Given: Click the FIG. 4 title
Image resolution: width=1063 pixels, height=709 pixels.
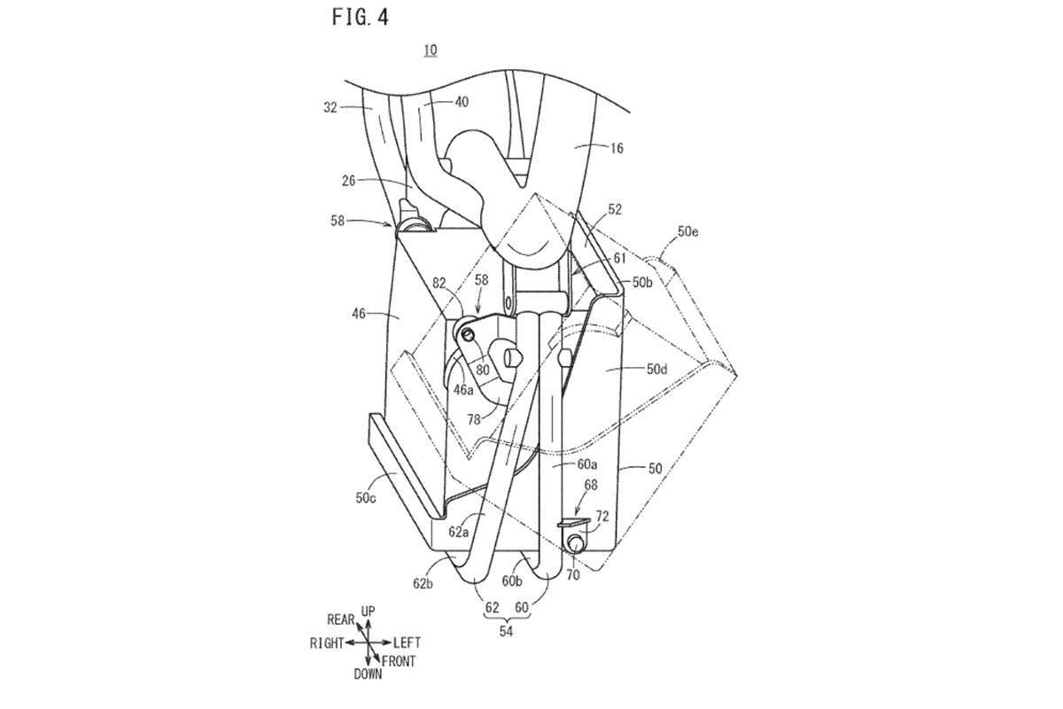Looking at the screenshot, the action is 361,18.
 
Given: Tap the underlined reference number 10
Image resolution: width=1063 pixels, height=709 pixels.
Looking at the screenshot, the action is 431,50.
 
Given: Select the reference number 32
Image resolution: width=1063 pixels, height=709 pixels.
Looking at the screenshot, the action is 330,108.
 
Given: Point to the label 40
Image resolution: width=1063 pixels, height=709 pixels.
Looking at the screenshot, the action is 462,102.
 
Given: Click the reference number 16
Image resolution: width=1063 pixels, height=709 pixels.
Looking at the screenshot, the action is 617,149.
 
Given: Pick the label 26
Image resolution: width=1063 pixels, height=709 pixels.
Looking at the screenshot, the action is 349,181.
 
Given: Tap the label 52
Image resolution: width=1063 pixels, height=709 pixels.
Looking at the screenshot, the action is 615,209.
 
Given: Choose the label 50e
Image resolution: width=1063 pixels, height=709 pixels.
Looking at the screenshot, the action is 688,231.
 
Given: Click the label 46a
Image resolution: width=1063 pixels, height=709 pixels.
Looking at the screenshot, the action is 463,390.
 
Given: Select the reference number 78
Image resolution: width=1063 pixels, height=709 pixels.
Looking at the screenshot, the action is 474,419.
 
